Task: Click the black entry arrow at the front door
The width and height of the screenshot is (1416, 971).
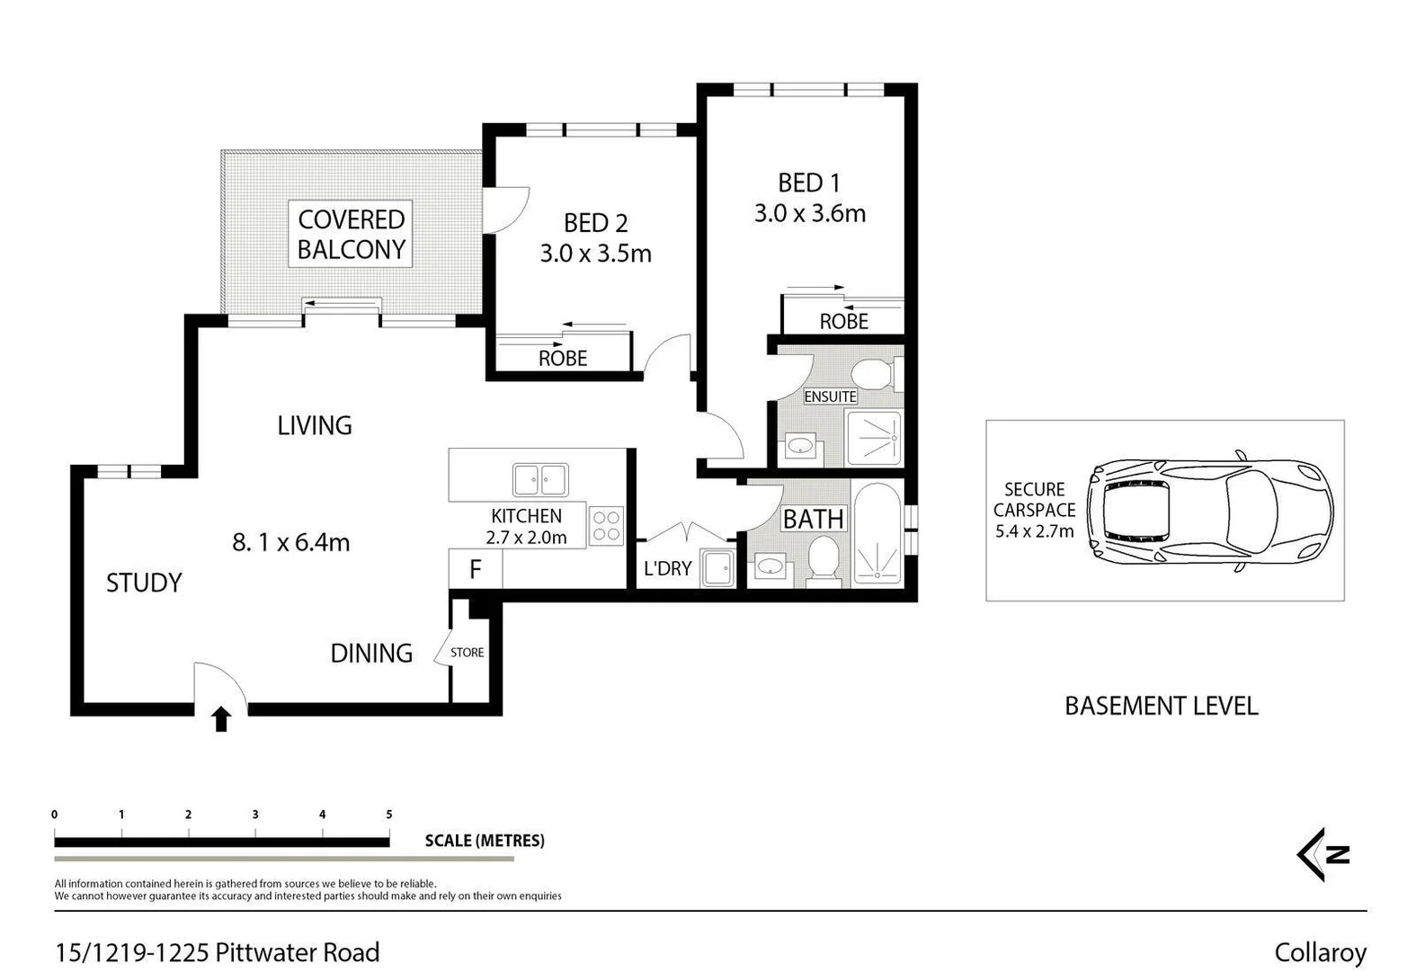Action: [221, 719]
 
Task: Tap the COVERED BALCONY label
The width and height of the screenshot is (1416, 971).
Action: [351, 234]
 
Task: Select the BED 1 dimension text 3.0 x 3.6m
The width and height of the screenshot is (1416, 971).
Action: [809, 214]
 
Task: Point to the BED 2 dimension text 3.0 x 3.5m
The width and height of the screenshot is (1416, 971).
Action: [595, 254]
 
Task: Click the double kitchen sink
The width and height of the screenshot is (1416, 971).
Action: [540, 480]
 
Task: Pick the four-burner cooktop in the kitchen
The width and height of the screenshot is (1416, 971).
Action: [607, 526]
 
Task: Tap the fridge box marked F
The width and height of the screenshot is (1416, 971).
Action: [475, 569]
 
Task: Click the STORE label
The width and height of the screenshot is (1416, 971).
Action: [467, 653]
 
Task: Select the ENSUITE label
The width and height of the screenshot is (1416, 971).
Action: [830, 396]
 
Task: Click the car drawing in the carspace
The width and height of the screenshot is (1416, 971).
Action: [1209, 512]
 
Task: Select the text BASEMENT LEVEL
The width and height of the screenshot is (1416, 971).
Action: [1161, 706]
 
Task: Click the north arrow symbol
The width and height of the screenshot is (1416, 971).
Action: [1323, 854]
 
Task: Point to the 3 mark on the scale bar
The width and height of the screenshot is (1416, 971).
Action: [255, 815]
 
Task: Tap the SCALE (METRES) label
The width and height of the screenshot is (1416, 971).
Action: [485, 841]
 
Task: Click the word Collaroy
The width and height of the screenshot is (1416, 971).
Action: [1320, 952]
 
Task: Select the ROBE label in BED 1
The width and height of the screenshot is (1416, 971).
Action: [843, 321]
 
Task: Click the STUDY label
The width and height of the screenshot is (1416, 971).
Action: [144, 583]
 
